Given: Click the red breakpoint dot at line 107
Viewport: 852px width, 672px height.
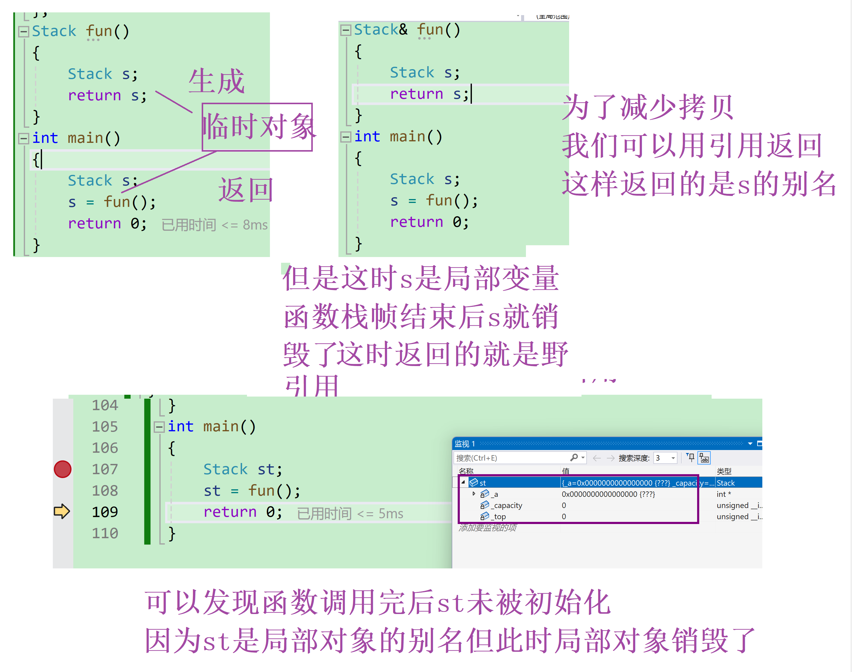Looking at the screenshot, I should pyautogui.click(x=62, y=469).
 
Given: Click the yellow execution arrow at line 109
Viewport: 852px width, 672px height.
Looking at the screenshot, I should pyautogui.click(x=62, y=512).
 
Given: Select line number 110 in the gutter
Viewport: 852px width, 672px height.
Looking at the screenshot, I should pyautogui.click(x=105, y=533).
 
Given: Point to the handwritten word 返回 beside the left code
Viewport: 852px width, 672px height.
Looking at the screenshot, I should pyautogui.click(x=245, y=190).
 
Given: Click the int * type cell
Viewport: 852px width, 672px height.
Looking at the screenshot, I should pyautogui.click(x=724, y=494).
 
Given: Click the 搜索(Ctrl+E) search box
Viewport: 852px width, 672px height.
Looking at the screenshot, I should pyautogui.click(x=511, y=458).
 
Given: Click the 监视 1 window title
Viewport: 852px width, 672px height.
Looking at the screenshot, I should pyautogui.click(x=465, y=444).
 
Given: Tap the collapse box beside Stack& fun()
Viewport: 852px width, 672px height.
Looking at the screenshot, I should pyautogui.click(x=346, y=30).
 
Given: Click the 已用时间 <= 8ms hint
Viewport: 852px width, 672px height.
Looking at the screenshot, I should pyautogui.click(x=214, y=225).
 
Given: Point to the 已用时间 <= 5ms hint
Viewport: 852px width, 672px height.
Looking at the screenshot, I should pyautogui.click(x=350, y=513).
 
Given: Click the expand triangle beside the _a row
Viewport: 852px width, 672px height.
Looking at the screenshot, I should pyautogui.click(x=474, y=494).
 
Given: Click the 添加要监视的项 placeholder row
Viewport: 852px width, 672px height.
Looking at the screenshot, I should pyautogui.click(x=488, y=528).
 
